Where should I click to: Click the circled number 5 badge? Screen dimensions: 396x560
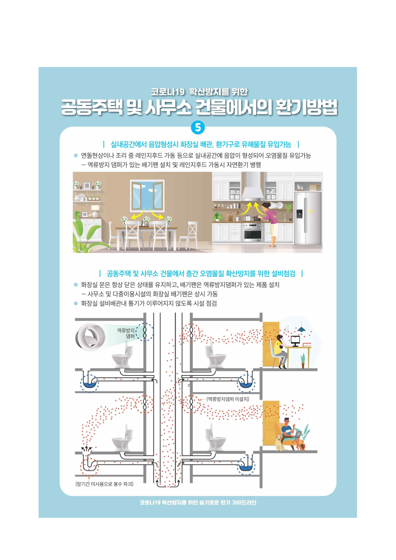coord(198,128)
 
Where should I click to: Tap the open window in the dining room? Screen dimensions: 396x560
coord(147,196)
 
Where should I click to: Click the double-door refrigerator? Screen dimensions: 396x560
coord(308,217)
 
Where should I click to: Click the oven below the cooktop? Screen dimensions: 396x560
coord(253,233)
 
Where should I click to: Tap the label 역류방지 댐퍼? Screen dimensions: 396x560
coord(126,333)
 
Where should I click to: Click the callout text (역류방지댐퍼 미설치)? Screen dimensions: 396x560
coord(227,399)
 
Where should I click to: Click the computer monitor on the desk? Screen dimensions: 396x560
coord(295,341)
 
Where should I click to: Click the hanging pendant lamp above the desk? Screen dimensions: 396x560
coord(301,327)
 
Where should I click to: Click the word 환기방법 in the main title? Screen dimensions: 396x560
coord(306,107)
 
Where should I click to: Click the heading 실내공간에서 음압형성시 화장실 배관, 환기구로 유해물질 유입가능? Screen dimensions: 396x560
coord(201,144)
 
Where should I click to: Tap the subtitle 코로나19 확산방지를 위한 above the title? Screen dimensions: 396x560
coord(199,92)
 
